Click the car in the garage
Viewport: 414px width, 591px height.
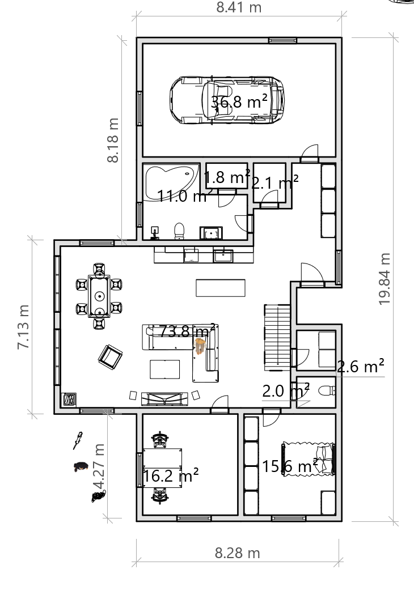pos(227,100)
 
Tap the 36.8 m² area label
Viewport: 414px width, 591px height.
pos(239,101)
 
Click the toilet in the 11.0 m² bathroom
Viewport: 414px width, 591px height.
pos(179,231)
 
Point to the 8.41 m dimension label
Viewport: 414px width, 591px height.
pos(239,7)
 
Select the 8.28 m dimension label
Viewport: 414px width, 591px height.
pos(238,553)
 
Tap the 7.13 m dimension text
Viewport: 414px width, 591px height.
pos(23,327)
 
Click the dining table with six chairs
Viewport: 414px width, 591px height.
pos(99,296)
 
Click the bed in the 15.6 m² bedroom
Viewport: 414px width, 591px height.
pos(309,459)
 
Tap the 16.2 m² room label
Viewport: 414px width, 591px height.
pos(171,475)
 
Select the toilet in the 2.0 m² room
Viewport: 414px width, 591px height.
pos(327,391)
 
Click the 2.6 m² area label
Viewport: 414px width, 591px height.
pos(361,367)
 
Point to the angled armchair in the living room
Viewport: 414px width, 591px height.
pos(110,357)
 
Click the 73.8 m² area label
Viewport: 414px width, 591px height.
pos(187,331)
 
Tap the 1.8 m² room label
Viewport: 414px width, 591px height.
pos(227,177)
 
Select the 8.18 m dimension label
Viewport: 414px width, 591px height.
pos(113,140)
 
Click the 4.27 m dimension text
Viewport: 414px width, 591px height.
pos(99,466)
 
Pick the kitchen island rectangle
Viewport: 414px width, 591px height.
pos(221,288)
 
